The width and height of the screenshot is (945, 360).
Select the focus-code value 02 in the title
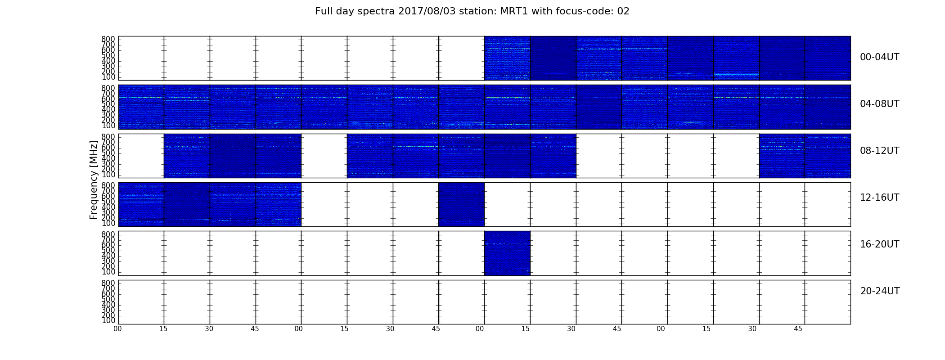[624, 11]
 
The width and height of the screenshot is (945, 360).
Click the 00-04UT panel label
[880, 57]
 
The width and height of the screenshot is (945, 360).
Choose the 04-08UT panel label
[880, 104]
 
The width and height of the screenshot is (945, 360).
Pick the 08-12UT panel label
[880, 151]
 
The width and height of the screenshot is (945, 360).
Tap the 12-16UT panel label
[880, 198]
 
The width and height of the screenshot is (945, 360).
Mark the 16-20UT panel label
[880, 244]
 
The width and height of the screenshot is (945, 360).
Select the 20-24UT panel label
[880, 291]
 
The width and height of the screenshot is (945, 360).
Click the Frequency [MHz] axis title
[94, 180]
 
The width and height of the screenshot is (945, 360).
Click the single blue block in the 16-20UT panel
[507, 253]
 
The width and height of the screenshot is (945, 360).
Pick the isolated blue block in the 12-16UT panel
[461, 204]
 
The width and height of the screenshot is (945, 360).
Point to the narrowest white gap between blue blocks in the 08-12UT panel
[324, 156]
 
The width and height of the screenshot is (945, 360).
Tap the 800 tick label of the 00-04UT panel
[109, 39]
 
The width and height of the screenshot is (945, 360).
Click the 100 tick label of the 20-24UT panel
[109, 320]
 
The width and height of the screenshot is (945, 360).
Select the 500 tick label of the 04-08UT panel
[109, 104]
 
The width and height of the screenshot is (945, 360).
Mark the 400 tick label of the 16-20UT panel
[109, 256]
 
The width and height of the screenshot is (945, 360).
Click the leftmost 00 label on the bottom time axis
[117, 329]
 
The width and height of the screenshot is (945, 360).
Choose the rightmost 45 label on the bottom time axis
[798, 329]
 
